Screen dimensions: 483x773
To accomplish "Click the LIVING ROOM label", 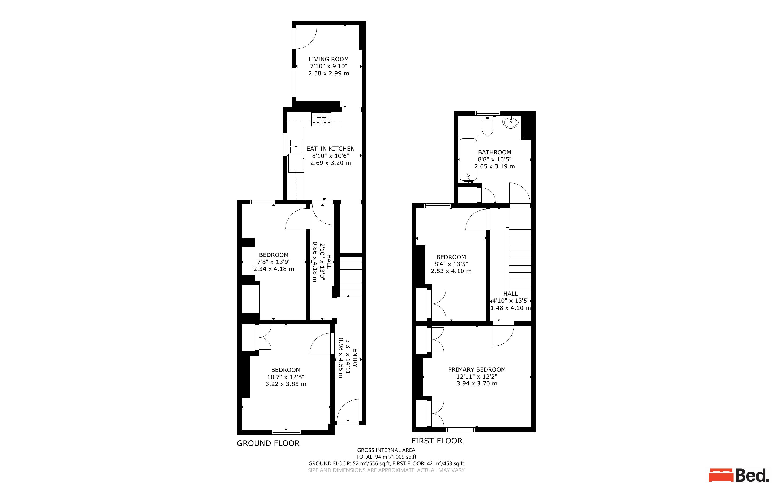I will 328,59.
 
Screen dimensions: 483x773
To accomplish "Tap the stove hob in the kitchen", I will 321,119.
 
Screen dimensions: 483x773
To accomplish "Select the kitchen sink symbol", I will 296,147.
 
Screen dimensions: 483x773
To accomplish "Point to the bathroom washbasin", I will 510,122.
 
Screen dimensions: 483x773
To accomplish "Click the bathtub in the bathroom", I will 468,159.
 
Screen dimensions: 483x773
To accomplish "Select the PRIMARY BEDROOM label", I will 477,370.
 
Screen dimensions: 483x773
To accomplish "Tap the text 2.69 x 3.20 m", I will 330,163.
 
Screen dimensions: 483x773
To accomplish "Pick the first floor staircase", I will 520,258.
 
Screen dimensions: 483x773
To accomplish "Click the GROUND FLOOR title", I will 268,443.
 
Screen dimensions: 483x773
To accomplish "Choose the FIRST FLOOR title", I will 436,441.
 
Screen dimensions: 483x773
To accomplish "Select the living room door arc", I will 305,38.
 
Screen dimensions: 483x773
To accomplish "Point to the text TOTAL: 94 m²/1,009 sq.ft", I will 386,457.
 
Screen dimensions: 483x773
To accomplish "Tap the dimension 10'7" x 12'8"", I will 286,377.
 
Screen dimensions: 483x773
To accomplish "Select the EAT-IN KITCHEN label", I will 330,149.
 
